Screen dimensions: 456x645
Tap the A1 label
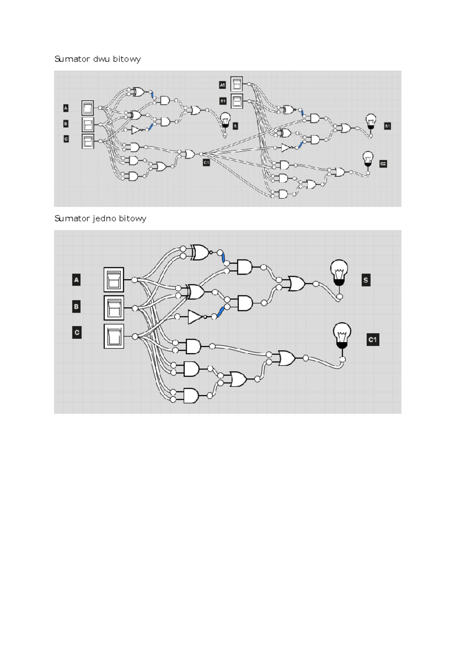222,85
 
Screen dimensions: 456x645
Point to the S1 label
387,126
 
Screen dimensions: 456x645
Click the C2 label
383,164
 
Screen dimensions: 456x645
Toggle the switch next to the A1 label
236,84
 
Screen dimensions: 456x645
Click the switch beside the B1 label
237,101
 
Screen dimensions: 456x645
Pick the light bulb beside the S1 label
371,122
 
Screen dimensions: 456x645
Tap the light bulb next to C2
368,159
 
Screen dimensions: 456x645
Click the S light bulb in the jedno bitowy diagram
339,273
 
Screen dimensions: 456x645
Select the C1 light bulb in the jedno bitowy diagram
342,335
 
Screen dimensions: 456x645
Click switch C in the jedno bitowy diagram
114,336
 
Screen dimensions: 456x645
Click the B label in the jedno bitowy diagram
76,307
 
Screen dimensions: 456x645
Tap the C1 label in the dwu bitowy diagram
206,163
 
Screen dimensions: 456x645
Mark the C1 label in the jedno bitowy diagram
373,340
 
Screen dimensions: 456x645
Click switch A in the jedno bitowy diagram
114,280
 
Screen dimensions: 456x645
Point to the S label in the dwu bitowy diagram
235,126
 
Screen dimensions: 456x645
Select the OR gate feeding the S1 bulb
345,128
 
